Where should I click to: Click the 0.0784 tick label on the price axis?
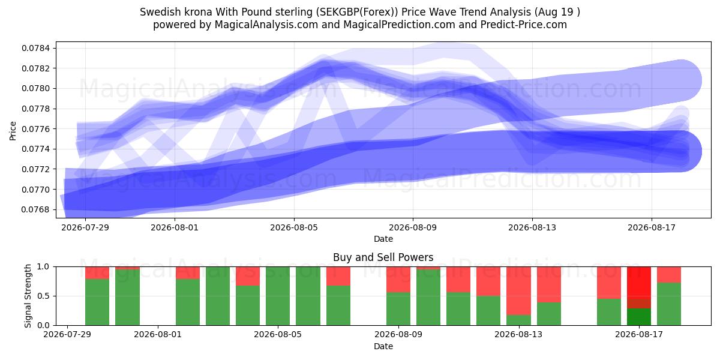point(35,48)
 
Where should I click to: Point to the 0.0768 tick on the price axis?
point(35,209)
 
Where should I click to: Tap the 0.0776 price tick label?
point(35,129)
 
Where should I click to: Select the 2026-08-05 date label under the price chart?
point(294,227)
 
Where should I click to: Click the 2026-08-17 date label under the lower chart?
point(638,335)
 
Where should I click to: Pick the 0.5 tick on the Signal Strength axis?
point(44,296)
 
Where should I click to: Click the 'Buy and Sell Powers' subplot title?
point(383,257)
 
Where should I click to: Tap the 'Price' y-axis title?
point(13,131)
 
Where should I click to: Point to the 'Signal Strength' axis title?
point(28,296)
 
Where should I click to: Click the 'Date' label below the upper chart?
point(383,239)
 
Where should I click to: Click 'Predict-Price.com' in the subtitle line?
point(524,25)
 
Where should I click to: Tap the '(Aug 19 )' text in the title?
point(557,12)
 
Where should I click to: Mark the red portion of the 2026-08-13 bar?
point(518,290)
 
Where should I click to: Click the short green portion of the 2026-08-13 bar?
point(518,320)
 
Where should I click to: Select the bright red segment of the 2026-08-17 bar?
point(638,283)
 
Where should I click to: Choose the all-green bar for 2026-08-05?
point(278,296)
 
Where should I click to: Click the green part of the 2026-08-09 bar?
point(398,308)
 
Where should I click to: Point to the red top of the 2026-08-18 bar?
point(669,275)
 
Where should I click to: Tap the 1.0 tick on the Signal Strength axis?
point(44,267)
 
